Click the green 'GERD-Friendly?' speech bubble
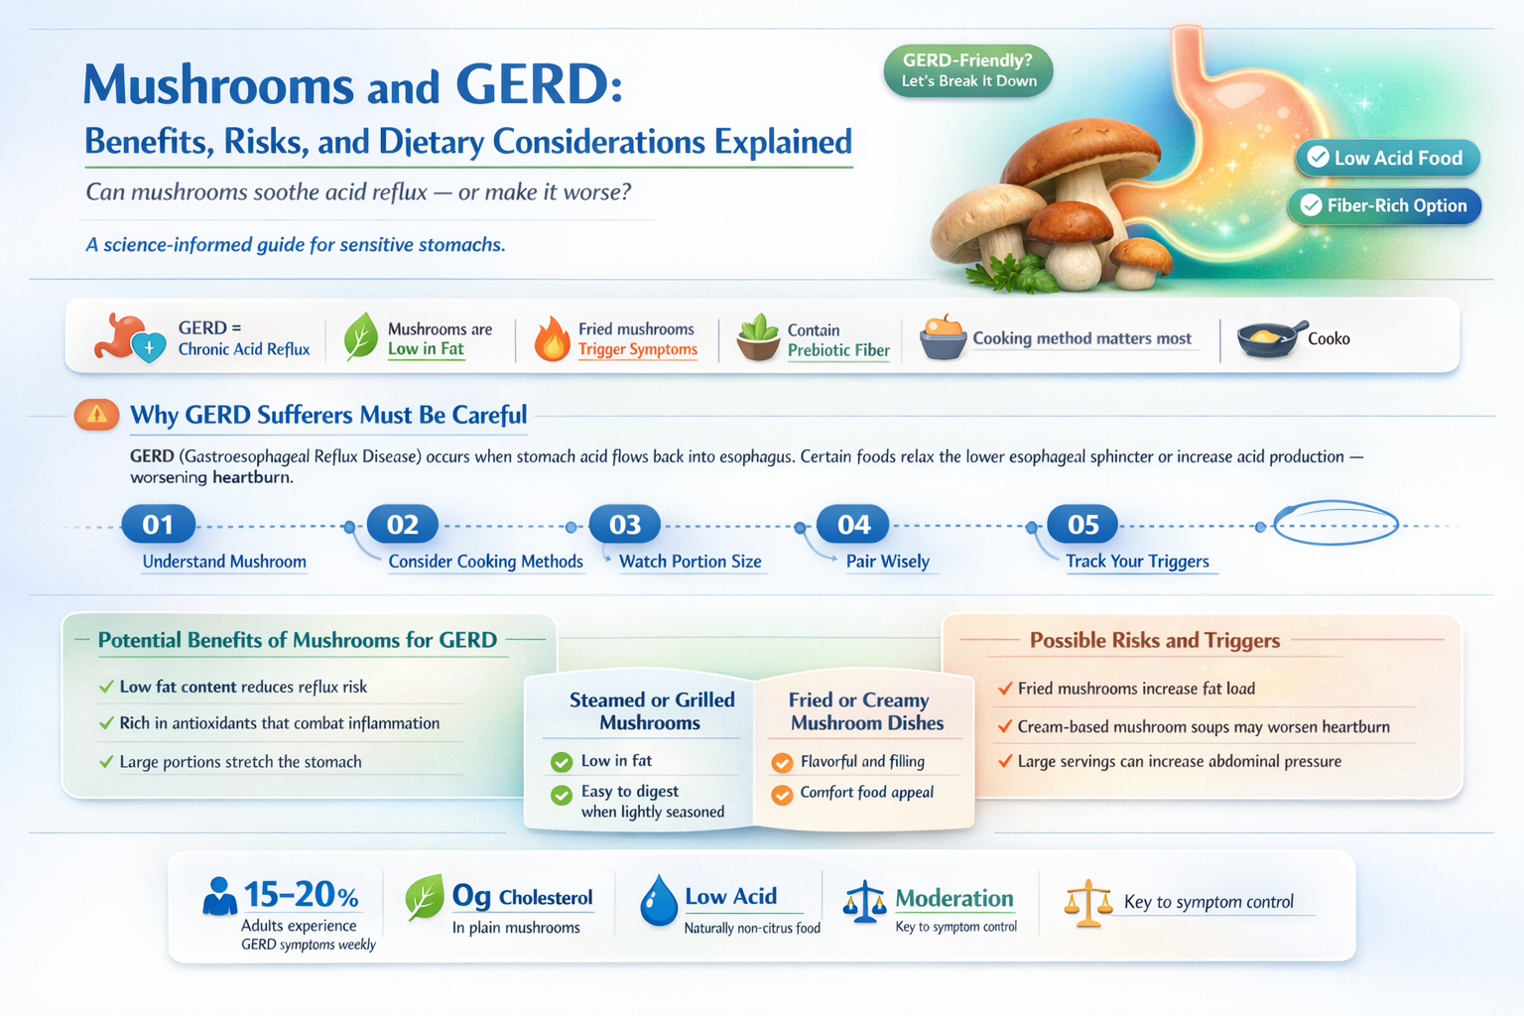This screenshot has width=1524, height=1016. pyautogui.click(x=967, y=70)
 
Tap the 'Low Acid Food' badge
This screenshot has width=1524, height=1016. pyautogui.click(x=1387, y=158)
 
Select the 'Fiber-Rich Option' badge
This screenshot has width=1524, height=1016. pyautogui.click(x=1385, y=205)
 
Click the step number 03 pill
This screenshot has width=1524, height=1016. pyautogui.click(x=625, y=524)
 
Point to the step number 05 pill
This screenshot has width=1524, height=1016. pyautogui.click(x=1082, y=524)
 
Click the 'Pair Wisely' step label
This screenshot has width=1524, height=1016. pyautogui.click(x=887, y=562)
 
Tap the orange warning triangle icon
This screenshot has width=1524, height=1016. pyautogui.click(x=97, y=415)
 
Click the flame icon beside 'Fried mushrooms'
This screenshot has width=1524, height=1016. pyautogui.click(x=552, y=339)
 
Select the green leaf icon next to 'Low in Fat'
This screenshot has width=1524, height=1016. pyautogui.click(x=360, y=336)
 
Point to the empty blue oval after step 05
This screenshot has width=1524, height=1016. pyautogui.click(x=1335, y=523)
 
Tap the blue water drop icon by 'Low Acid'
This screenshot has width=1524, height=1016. pyautogui.click(x=658, y=901)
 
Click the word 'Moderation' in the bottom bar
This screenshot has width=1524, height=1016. pyautogui.click(x=953, y=899)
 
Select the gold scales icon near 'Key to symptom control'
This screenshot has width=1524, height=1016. pyautogui.click(x=1087, y=903)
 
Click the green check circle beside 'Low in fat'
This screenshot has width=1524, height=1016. pyautogui.click(x=562, y=762)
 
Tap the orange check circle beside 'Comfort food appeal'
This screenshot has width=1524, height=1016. pyautogui.click(x=782, y=794)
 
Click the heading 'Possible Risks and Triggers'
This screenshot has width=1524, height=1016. pyautogui.click(x=1154, y=641)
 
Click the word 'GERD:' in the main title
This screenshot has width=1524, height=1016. pyautogui.click(x=539, y=85)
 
